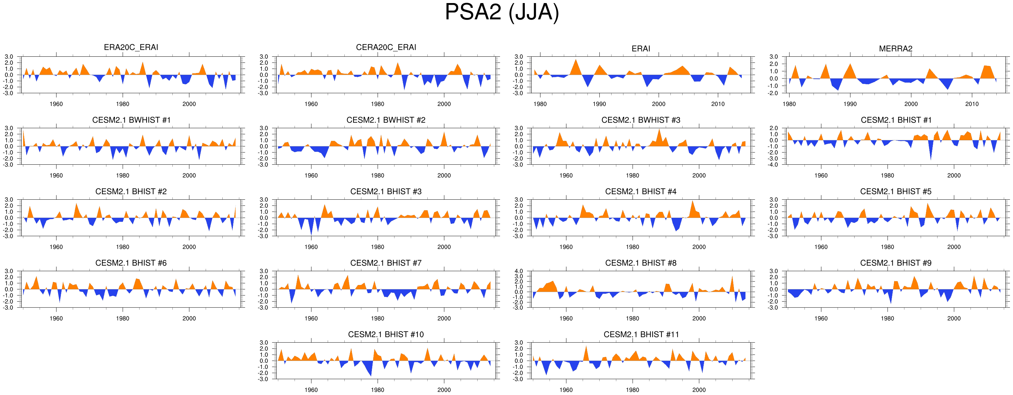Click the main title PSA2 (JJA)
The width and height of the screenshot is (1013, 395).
click(502, 13)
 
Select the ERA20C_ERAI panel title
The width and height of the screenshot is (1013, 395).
click(131, 48)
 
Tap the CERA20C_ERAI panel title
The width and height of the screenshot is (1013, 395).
click(386, 48)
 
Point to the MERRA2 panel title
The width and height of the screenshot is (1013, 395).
click(895, 49)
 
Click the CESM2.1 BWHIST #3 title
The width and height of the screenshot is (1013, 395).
click(640, 120)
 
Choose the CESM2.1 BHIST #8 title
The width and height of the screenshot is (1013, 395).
click(640, 263)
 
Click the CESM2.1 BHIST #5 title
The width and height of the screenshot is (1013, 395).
click(895, 192)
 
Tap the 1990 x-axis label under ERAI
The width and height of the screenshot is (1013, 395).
click(599, 104)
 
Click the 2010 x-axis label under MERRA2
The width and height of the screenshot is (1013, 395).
click(972, 104)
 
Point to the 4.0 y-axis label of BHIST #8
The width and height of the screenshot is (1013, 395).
click(519, 271)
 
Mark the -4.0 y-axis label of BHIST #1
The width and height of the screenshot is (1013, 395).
click(773, 165)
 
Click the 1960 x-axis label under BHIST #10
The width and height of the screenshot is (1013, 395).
click(311, 390)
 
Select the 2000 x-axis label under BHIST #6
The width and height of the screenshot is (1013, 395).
click(189, 318)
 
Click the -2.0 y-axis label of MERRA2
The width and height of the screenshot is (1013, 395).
click(773, 93)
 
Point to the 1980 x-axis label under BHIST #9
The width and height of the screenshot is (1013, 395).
click(887, 318)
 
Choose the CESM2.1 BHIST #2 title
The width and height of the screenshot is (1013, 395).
click(131, 192)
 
